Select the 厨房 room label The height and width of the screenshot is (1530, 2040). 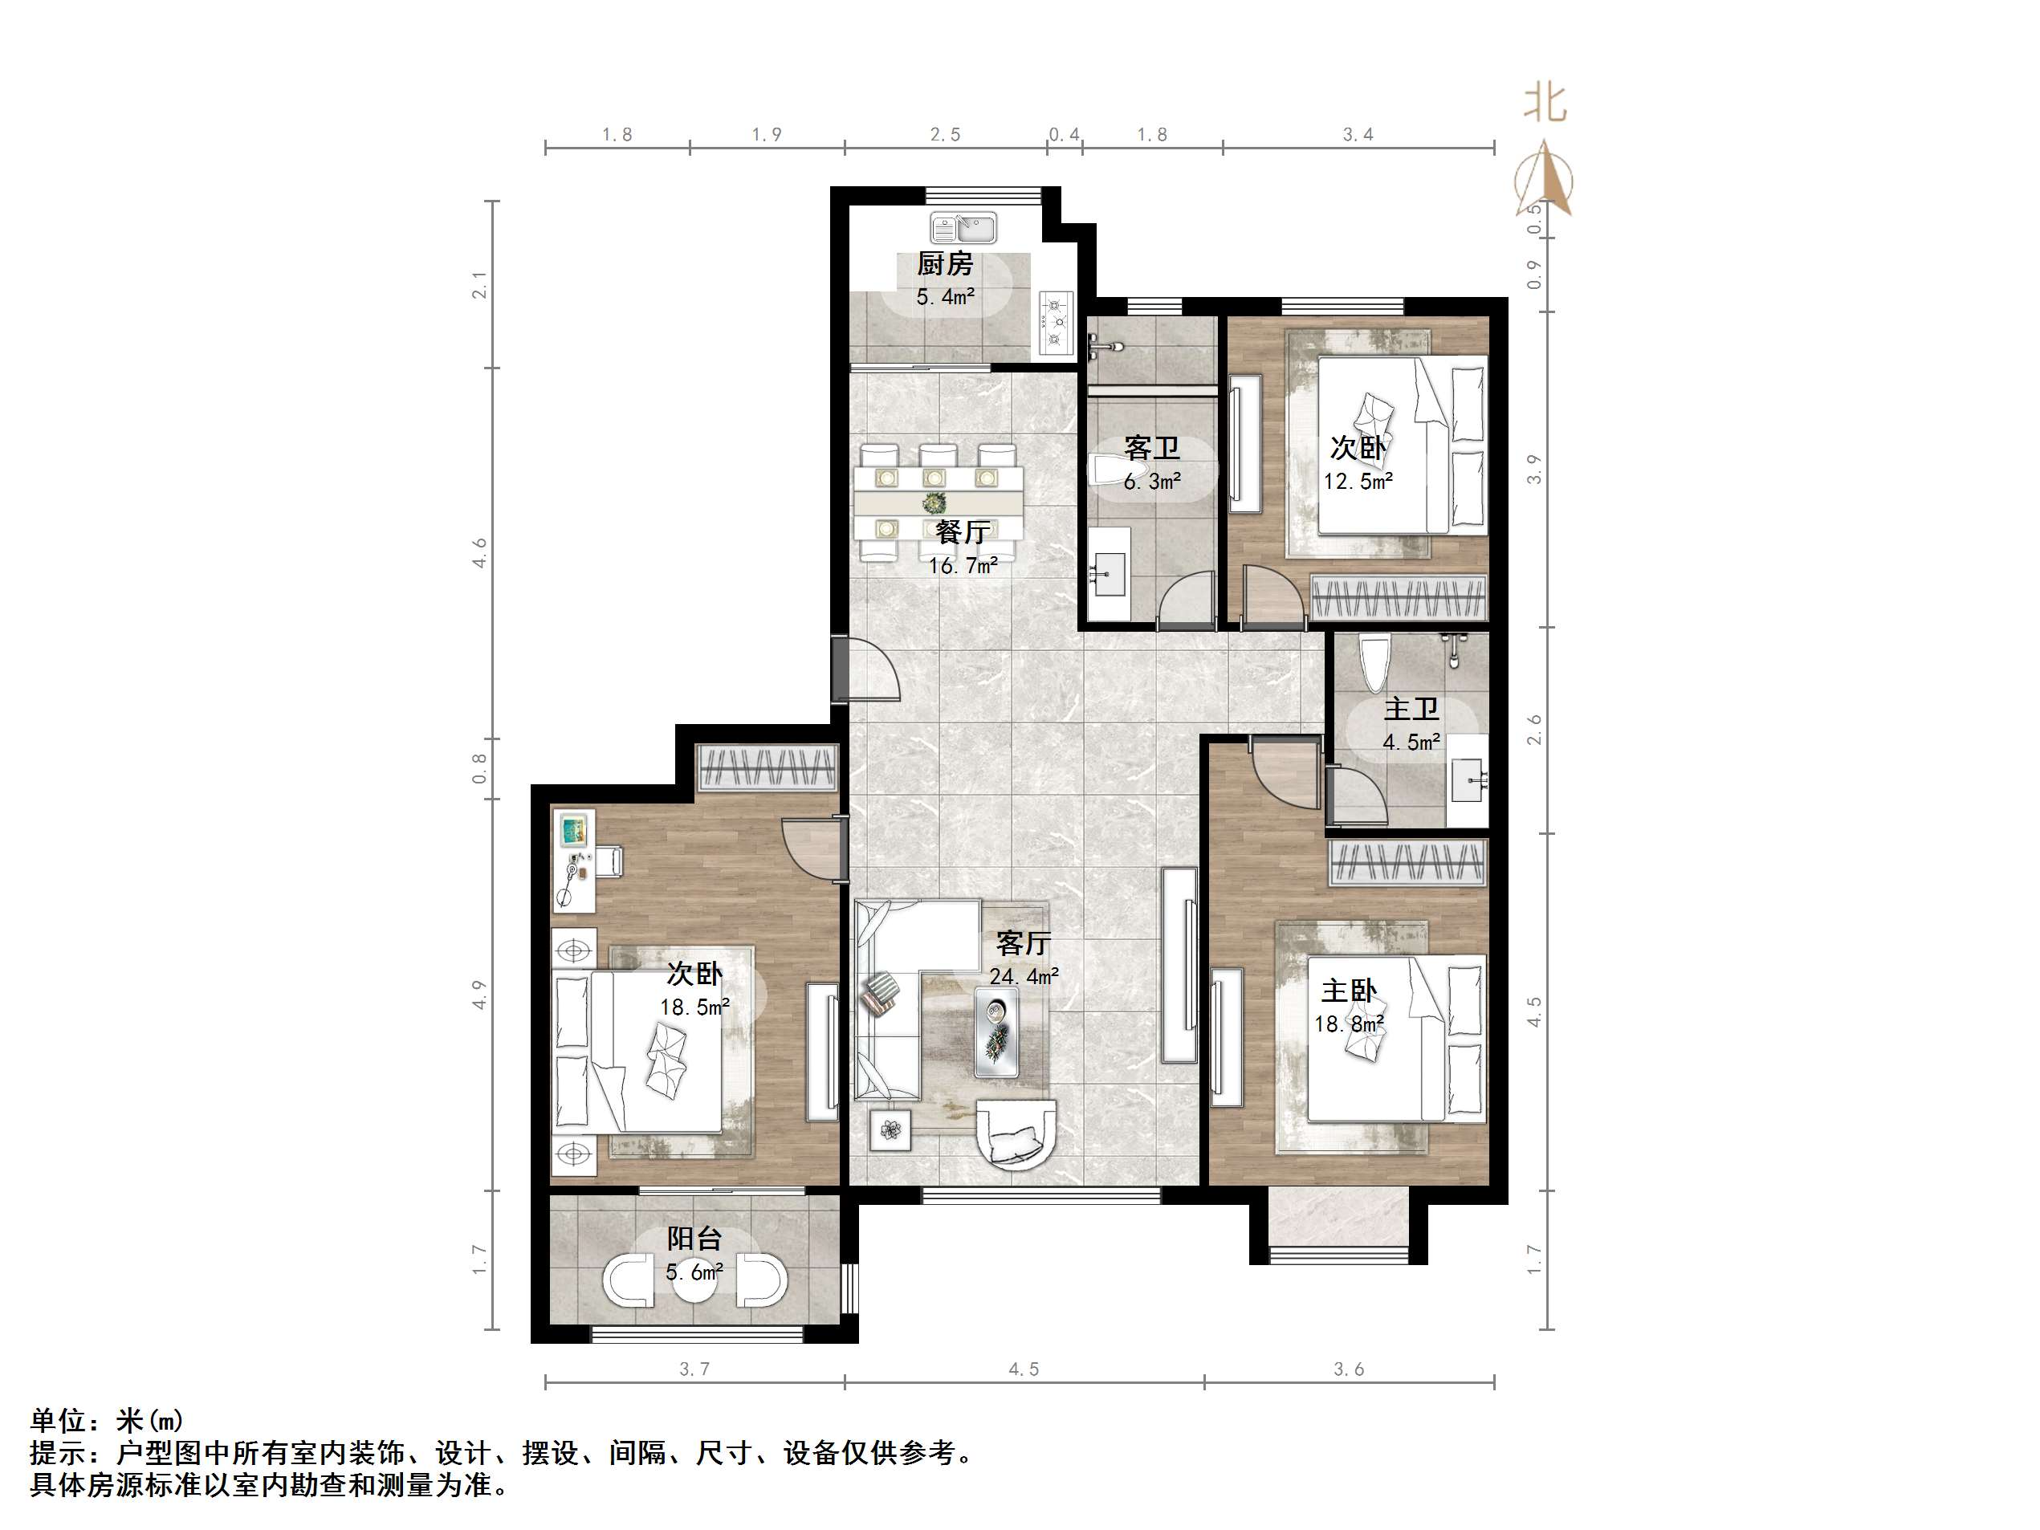[x=944, y=265]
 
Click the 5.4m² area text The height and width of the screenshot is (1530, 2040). [x=945, y=297]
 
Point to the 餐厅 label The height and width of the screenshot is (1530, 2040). [x=963, y=532]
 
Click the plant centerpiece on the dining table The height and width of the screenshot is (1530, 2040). [x=935, y=503]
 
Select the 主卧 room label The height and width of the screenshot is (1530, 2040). [x=1348, y=991]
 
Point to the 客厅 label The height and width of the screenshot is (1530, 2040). [x=1024, y=943]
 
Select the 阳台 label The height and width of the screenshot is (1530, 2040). [x=694, y=1239]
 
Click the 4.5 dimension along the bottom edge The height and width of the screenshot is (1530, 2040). [x=1024, y=1369]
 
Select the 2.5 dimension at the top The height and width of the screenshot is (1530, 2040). [x=945, y=135]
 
